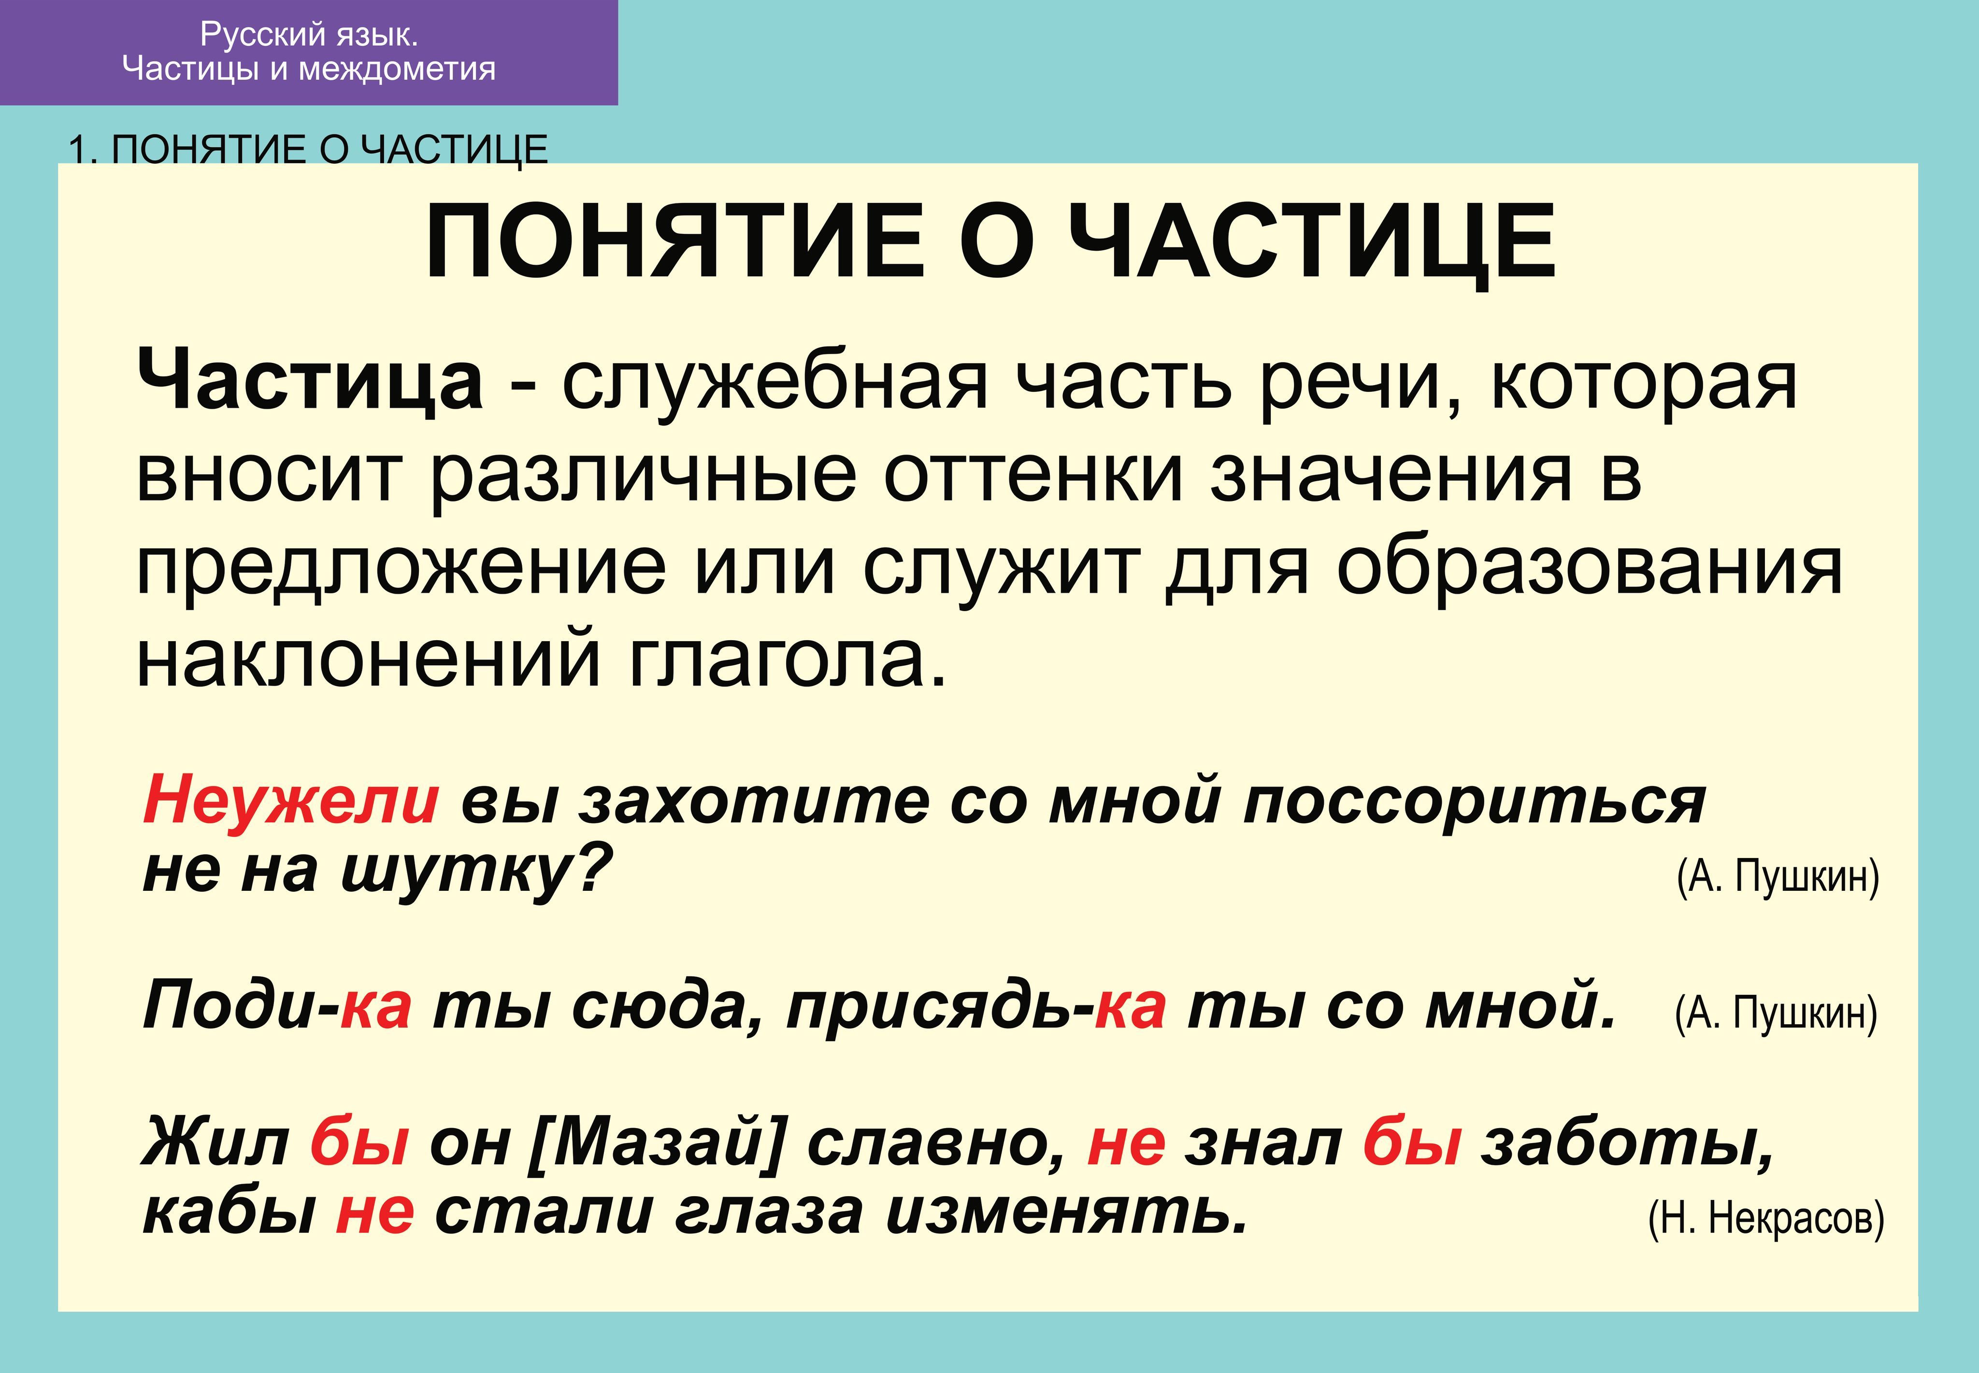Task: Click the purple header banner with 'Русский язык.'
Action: pyautogui.click(x=309, y=53)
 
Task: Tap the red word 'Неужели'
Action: pyautogui.click(x=291, y=800)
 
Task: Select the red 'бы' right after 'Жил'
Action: pyautogui.click(x=359, y=1143)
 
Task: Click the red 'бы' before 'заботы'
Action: pyautogui.click(x=1412, y=1143)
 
